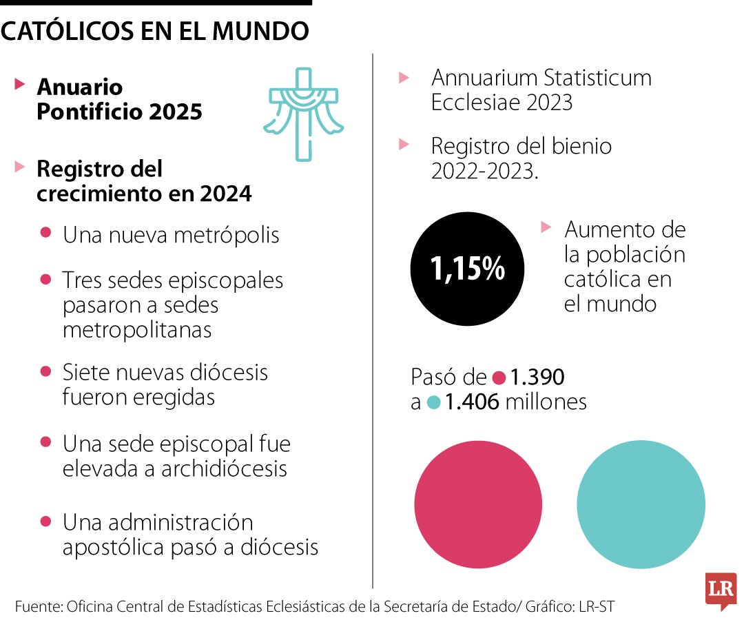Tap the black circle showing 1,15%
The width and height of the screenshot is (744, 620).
467,269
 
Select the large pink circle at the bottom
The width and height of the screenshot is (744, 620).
478,505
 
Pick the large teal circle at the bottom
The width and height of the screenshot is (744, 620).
641,505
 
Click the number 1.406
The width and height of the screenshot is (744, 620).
472,402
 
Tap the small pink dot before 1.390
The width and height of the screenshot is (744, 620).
499,378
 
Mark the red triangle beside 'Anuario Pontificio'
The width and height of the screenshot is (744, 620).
21,85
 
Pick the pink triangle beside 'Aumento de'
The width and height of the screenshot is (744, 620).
546,227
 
